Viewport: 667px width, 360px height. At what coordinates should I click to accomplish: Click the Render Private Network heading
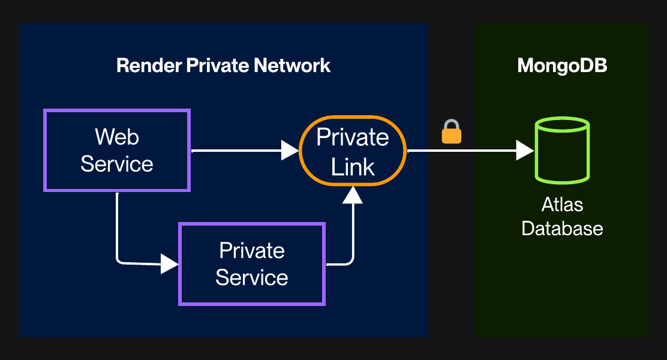[x=223, y=65]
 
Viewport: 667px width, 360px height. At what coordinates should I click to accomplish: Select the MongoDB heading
[x=562, y=65]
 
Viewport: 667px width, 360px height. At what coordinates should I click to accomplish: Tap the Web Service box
[x=117, y=150]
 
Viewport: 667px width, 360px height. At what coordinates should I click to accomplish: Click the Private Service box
[x=252, y=264]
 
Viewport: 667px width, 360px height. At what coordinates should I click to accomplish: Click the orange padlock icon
[x=452, y=133]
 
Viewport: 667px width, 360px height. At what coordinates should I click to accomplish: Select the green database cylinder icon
[x=562, y=150]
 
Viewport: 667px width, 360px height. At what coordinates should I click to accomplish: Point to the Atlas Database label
[x=562, y=216]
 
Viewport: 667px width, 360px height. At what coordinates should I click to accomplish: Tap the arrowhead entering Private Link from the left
[x=290, y=151]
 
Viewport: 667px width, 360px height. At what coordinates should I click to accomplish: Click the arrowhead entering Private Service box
[x=170, y=263]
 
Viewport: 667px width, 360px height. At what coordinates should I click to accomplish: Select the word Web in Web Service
[x=117, y=137]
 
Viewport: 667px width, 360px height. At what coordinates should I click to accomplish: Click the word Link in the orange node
[x=353, y=167]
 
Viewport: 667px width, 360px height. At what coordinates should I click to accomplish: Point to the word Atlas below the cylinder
[x=562, y=205]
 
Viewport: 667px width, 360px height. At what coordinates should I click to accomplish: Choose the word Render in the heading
[x=143, y=65]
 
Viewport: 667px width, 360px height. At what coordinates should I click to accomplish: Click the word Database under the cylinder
[x=562, y=229]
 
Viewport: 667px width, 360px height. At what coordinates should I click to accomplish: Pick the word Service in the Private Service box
[x=252, y=277]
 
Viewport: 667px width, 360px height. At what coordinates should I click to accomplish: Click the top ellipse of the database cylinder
[x=562, y=125]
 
